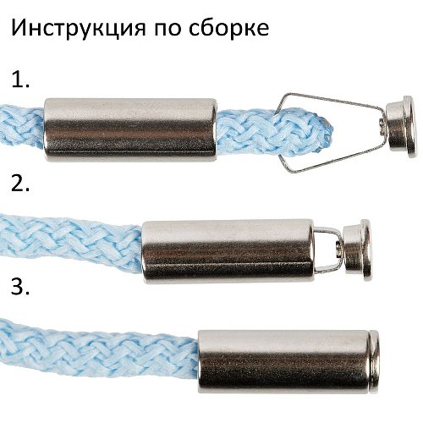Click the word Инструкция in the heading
click(79, 28)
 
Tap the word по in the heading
click(168, 30)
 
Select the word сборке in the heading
click(228, 28)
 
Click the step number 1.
click(20, 80)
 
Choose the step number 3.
click(20, 286)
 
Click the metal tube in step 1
click(130, 130)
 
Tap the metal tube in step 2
click(228, 252)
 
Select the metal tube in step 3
click(283, 362)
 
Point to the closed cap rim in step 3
click(374, 362)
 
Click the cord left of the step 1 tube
click(22, 128)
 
